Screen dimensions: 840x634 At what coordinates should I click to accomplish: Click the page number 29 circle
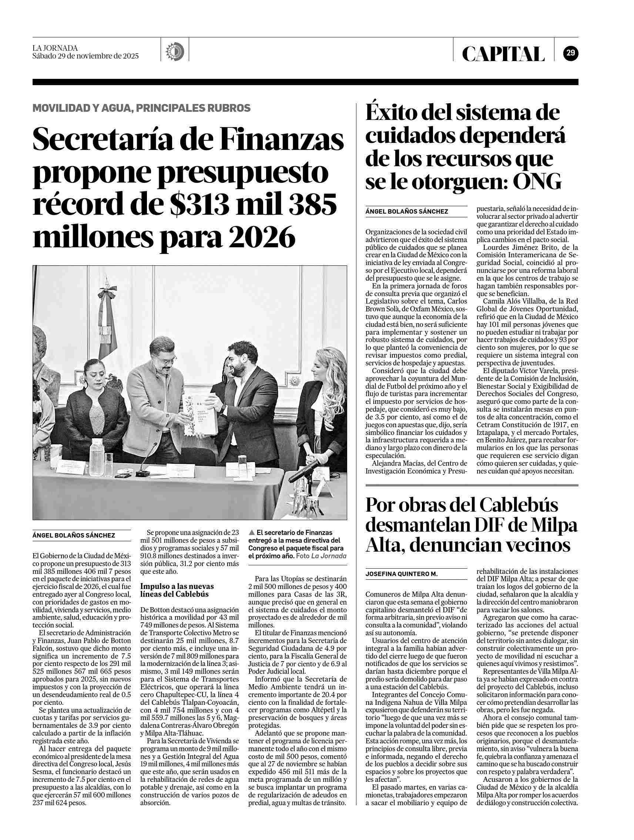click(x=570, y=53)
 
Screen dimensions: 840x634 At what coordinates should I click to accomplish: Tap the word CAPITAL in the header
click(x=503, y=54)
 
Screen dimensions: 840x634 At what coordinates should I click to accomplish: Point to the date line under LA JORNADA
click(x=85, y=56)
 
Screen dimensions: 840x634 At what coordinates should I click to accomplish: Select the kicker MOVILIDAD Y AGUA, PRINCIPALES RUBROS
click(x=141, y=108)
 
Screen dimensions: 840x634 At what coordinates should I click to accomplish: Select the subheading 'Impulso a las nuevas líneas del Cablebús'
click(x=177, y=590)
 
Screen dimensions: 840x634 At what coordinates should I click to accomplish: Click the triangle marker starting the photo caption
click(x=251, y=533)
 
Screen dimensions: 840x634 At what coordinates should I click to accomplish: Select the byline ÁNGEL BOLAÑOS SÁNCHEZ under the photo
click(x=74, y=535)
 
